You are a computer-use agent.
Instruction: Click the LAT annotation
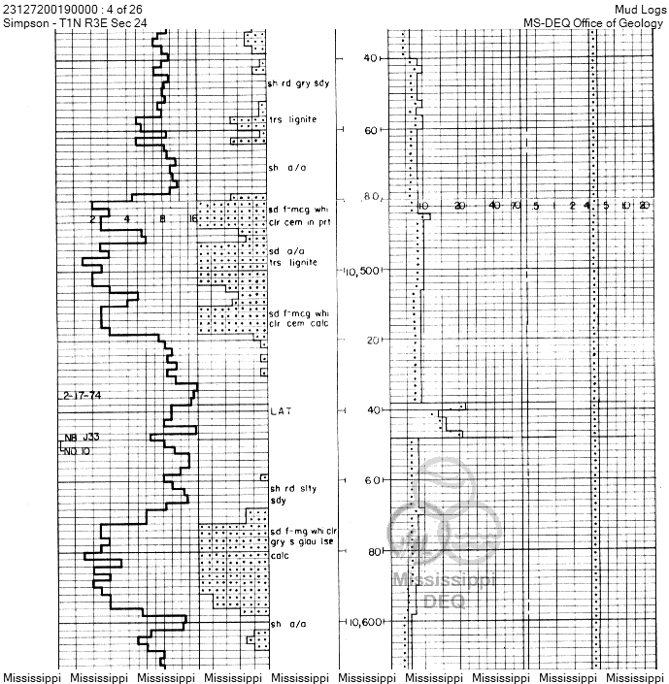pyautogui.click(x=282, y=411)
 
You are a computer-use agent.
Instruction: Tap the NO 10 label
pyautogui.click(x=81, y=451)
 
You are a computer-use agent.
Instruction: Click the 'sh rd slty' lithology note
pyautogui.click(x=294, y=488)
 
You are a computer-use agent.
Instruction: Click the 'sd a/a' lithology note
pyautogui.click(x=287, y=250)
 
